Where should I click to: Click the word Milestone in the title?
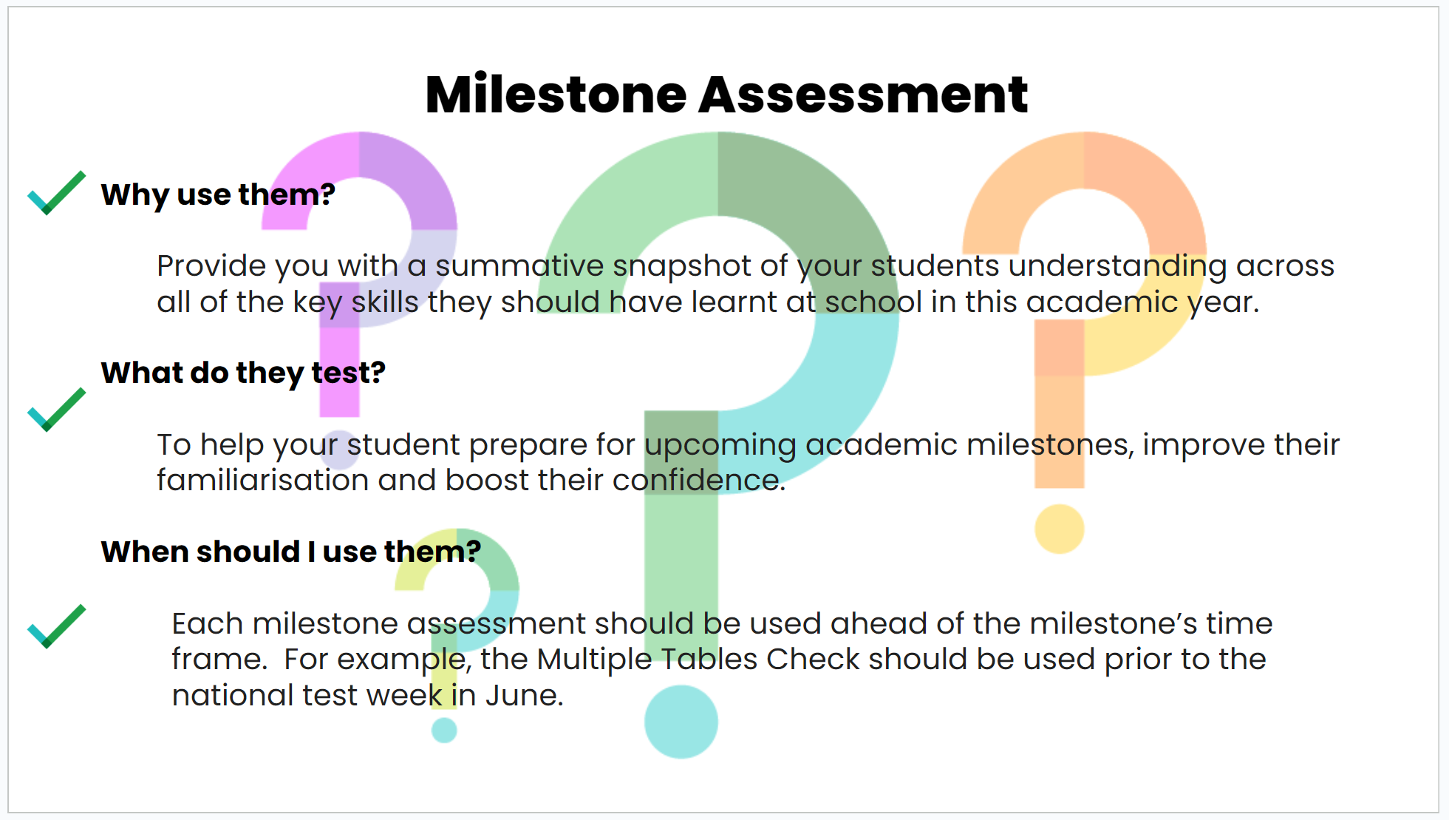click(556, 95)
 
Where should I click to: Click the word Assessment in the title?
click(863, 95)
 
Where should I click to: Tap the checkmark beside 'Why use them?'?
click(56, 193)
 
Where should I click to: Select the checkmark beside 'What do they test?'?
click(56, 410)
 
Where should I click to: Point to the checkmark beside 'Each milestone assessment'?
click(56, 626)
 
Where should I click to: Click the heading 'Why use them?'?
click(218, 194)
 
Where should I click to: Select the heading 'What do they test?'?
click(243, 373)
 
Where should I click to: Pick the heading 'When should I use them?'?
click(291, 552)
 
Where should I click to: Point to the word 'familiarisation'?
click(262, 480)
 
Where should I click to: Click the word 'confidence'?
click(699, 480)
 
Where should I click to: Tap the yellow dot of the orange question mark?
click(1059, 529)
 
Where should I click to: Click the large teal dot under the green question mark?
click(681, 722)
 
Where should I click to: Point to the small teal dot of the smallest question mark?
click(444, 731)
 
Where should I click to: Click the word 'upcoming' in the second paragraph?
click(720, 446)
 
